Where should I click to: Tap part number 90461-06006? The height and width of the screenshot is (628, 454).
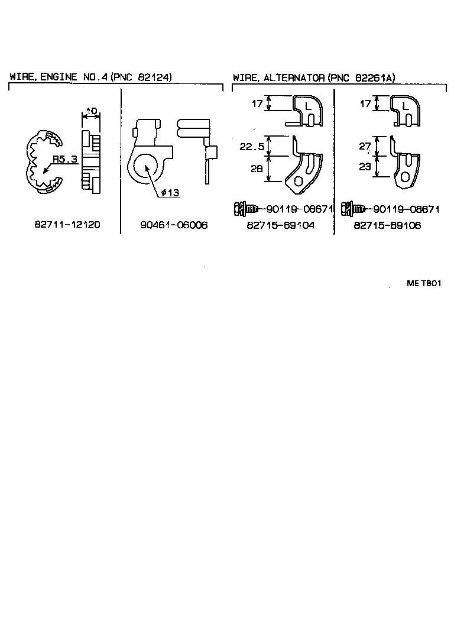tap(174, 225)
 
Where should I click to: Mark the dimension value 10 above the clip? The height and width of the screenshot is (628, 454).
tap(92, 111)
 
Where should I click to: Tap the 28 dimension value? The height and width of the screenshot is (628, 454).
tap(255, 169)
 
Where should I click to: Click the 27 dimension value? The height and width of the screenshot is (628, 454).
tap(365, 146)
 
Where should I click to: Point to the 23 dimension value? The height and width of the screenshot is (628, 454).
tap(365, 167)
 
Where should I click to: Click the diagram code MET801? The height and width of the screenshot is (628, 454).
tap(424, 283)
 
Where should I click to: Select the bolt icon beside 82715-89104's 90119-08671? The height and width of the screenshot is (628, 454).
tap(245, 209)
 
